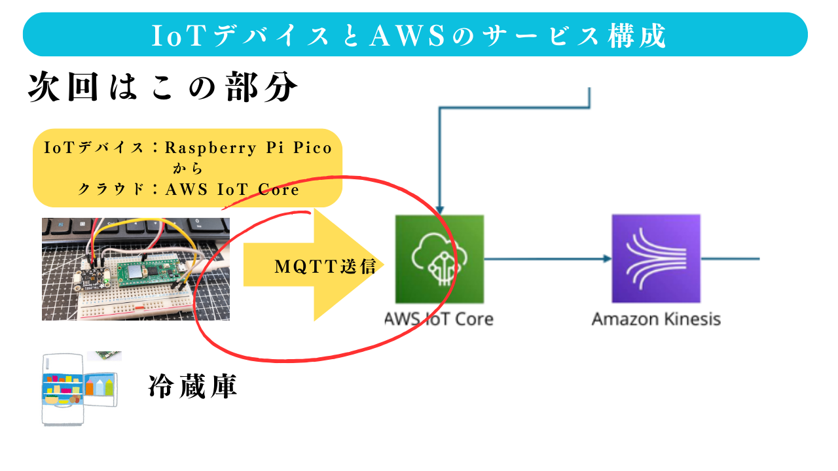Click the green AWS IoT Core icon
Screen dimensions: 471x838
click(439, 259)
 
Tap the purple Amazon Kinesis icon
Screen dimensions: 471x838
click(655, 259)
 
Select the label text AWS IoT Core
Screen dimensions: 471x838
click(439, 319)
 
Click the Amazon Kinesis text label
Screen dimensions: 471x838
click(656, 319)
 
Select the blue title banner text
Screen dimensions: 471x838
click(409, 35)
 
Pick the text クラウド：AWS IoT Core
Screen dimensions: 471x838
click(189, 190)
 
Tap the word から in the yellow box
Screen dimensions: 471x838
click(189, 169)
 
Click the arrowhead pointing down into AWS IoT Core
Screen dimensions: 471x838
click(439, 208)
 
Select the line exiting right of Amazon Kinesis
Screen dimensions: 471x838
click(730, 259)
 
